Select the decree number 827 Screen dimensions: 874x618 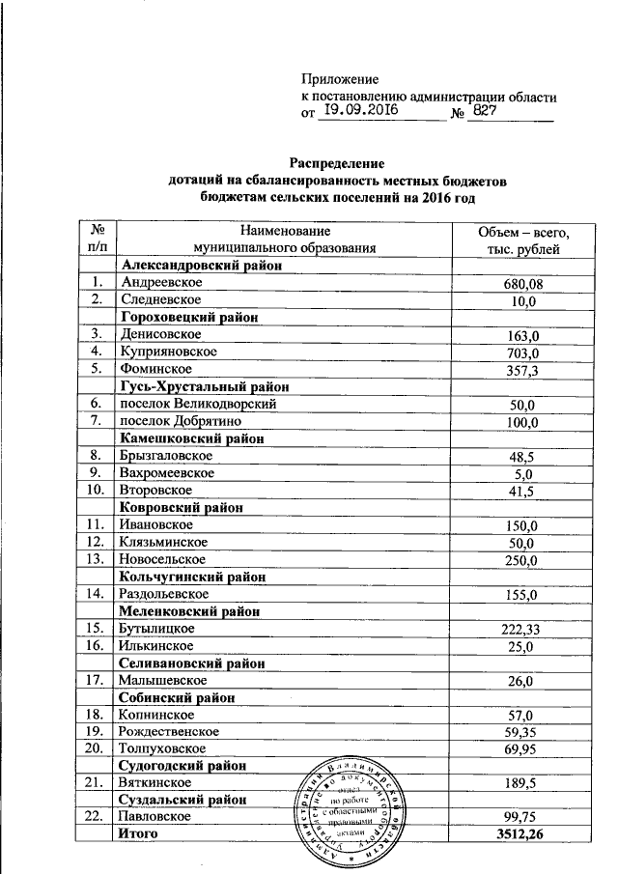point(487,112)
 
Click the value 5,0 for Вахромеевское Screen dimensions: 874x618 point(522,473)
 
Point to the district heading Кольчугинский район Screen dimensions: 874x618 point(192,577)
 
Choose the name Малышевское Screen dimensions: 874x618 point(161,680)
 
